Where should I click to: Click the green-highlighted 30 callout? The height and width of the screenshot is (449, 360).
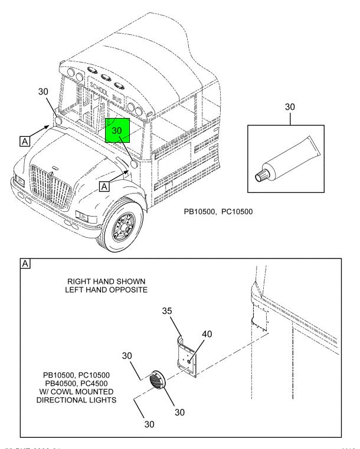click(117, 129)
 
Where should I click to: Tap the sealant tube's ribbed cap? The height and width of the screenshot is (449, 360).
click(260, 176)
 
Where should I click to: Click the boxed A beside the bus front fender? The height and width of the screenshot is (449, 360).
click(104, 186)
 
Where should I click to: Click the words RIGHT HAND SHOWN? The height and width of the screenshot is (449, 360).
click(106, 281)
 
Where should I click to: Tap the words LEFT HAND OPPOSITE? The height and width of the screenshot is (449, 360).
click(106, 290)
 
